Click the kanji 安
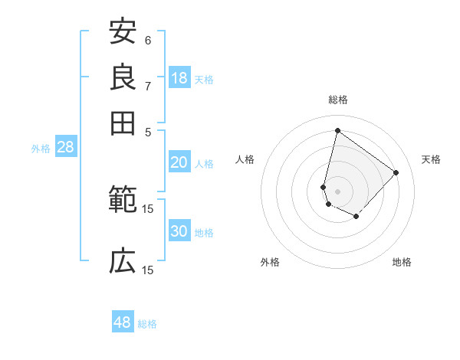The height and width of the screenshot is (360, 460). point(123,32)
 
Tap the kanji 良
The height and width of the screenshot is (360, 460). point(123,77)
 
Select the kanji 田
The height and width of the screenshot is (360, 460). point(123,123)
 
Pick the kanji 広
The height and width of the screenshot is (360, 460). point(123,262)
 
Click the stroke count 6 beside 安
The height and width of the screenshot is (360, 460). point(148,41)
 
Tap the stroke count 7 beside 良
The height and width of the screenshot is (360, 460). point(148,86)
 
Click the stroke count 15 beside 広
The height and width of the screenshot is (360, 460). point(148,270)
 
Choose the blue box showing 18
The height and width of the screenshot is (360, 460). point(179,78)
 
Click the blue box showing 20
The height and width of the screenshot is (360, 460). point(179,162)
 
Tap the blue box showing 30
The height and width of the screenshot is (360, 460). point(179,232)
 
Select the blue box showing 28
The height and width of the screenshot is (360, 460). point(65,148)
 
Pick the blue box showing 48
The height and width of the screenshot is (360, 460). point(123,322)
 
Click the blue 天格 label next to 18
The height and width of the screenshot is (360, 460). point(204,80)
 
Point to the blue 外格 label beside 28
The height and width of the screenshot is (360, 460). point(41,149)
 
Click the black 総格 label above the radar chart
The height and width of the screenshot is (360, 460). point(337,100)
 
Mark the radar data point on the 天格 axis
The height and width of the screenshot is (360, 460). point(396,172)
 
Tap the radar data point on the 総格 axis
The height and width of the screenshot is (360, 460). point(337,130)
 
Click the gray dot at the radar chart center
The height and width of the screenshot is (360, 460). point(337,191)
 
